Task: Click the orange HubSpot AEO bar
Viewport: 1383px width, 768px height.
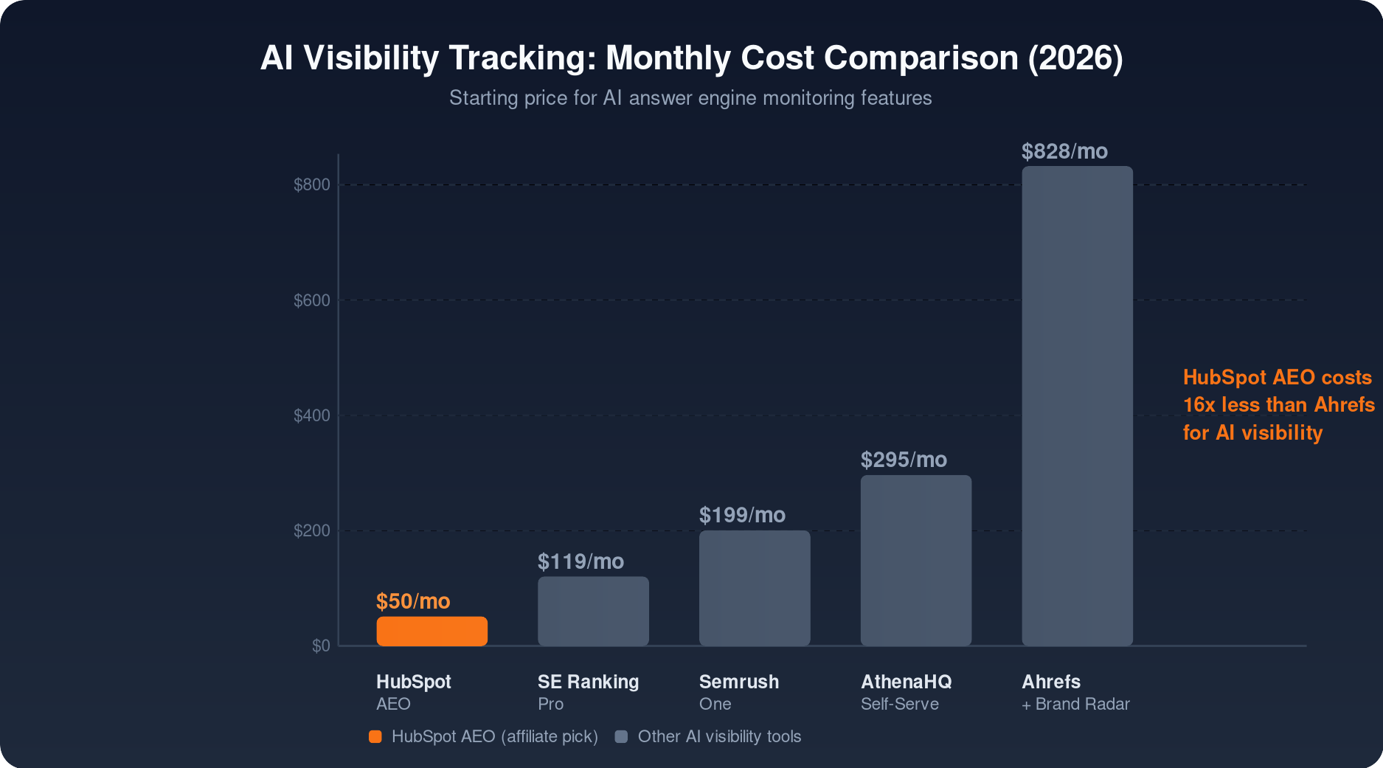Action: tap(431, 632)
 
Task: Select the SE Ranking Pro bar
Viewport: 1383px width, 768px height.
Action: tap(593, 612)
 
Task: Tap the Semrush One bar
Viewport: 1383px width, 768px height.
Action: tap(754, 588)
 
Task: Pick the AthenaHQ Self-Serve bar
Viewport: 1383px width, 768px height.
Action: tap(915, 561)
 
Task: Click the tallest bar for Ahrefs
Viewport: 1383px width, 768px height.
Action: tap(1077, 406)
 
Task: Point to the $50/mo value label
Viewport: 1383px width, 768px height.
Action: tap(413, 601)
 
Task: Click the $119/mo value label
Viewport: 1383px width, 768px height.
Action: tap(580, 561)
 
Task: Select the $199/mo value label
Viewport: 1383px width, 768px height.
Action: tap(742, 515)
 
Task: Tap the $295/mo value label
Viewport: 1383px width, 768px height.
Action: tap(904, 460)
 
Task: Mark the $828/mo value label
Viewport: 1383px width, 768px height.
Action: tap(1064, 151)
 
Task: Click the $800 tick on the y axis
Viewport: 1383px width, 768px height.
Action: tap(312, 184)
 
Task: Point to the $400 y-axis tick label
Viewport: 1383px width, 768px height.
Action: tap(312, 415)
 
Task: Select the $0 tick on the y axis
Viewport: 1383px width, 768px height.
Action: tap(321, 646)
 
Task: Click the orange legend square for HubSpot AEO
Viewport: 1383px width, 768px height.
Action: tap(375, 736)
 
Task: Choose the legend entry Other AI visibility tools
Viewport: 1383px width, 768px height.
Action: tap(718, 736)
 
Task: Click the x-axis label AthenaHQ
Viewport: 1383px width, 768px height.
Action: tap(906, 682)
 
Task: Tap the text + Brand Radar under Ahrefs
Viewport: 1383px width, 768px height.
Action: tap(1075, 704)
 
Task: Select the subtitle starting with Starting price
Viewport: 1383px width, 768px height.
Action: tap(690, 98)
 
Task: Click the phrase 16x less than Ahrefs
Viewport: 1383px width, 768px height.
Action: tap(1278, 404)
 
